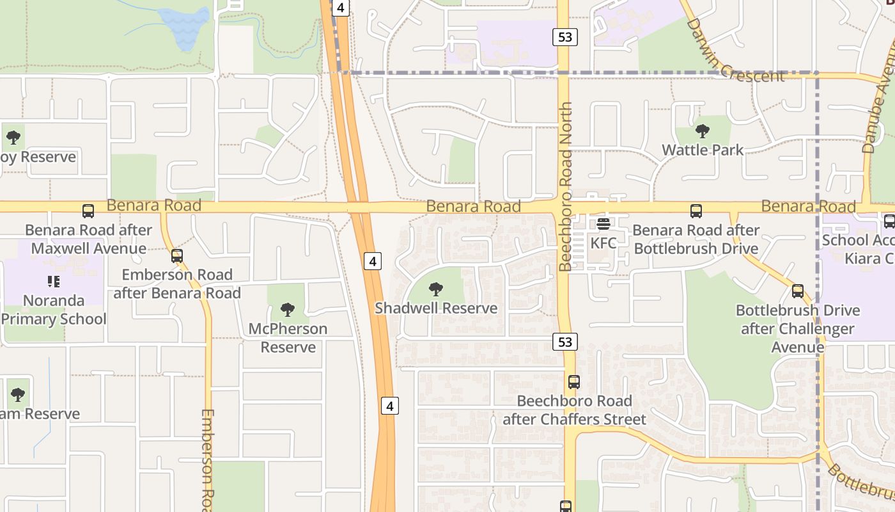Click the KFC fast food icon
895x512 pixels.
pyautogui.click(x=603, y=224)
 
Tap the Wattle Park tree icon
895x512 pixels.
pyautogui.click(x=703, y=132)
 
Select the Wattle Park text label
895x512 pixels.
pyautogui.click(x=703, y=150)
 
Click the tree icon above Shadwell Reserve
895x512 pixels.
pyautogui.click(x=436, y=289)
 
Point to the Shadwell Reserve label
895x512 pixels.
pyautogui.click(x=436, y=308)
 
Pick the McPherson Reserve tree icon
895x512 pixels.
pyautogui.click(x=288, y=310)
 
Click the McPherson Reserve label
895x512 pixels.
pyautogui.click(x=288, y=338)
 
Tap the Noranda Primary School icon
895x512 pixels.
pyautogui.click(x=54, y=281)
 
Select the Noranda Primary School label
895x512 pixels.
pyautogui.click(x=54, y=310)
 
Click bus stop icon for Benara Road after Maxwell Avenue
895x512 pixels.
pyautogui.click(x=88, y=211)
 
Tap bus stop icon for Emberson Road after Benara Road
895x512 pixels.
pyautogui.click(x=177, y=256)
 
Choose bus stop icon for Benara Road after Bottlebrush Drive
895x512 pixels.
pyautogui.click(x=696, y=211)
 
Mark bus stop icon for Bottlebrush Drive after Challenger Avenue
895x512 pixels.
pyautogui.click(x=798, y=291)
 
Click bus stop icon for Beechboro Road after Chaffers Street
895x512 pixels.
pyautogui.click(x=574, y=382)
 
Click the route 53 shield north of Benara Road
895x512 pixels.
pyautogui.click(x=565, y=37)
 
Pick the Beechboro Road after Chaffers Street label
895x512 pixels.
pyautogui.click(x=574, y=410)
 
